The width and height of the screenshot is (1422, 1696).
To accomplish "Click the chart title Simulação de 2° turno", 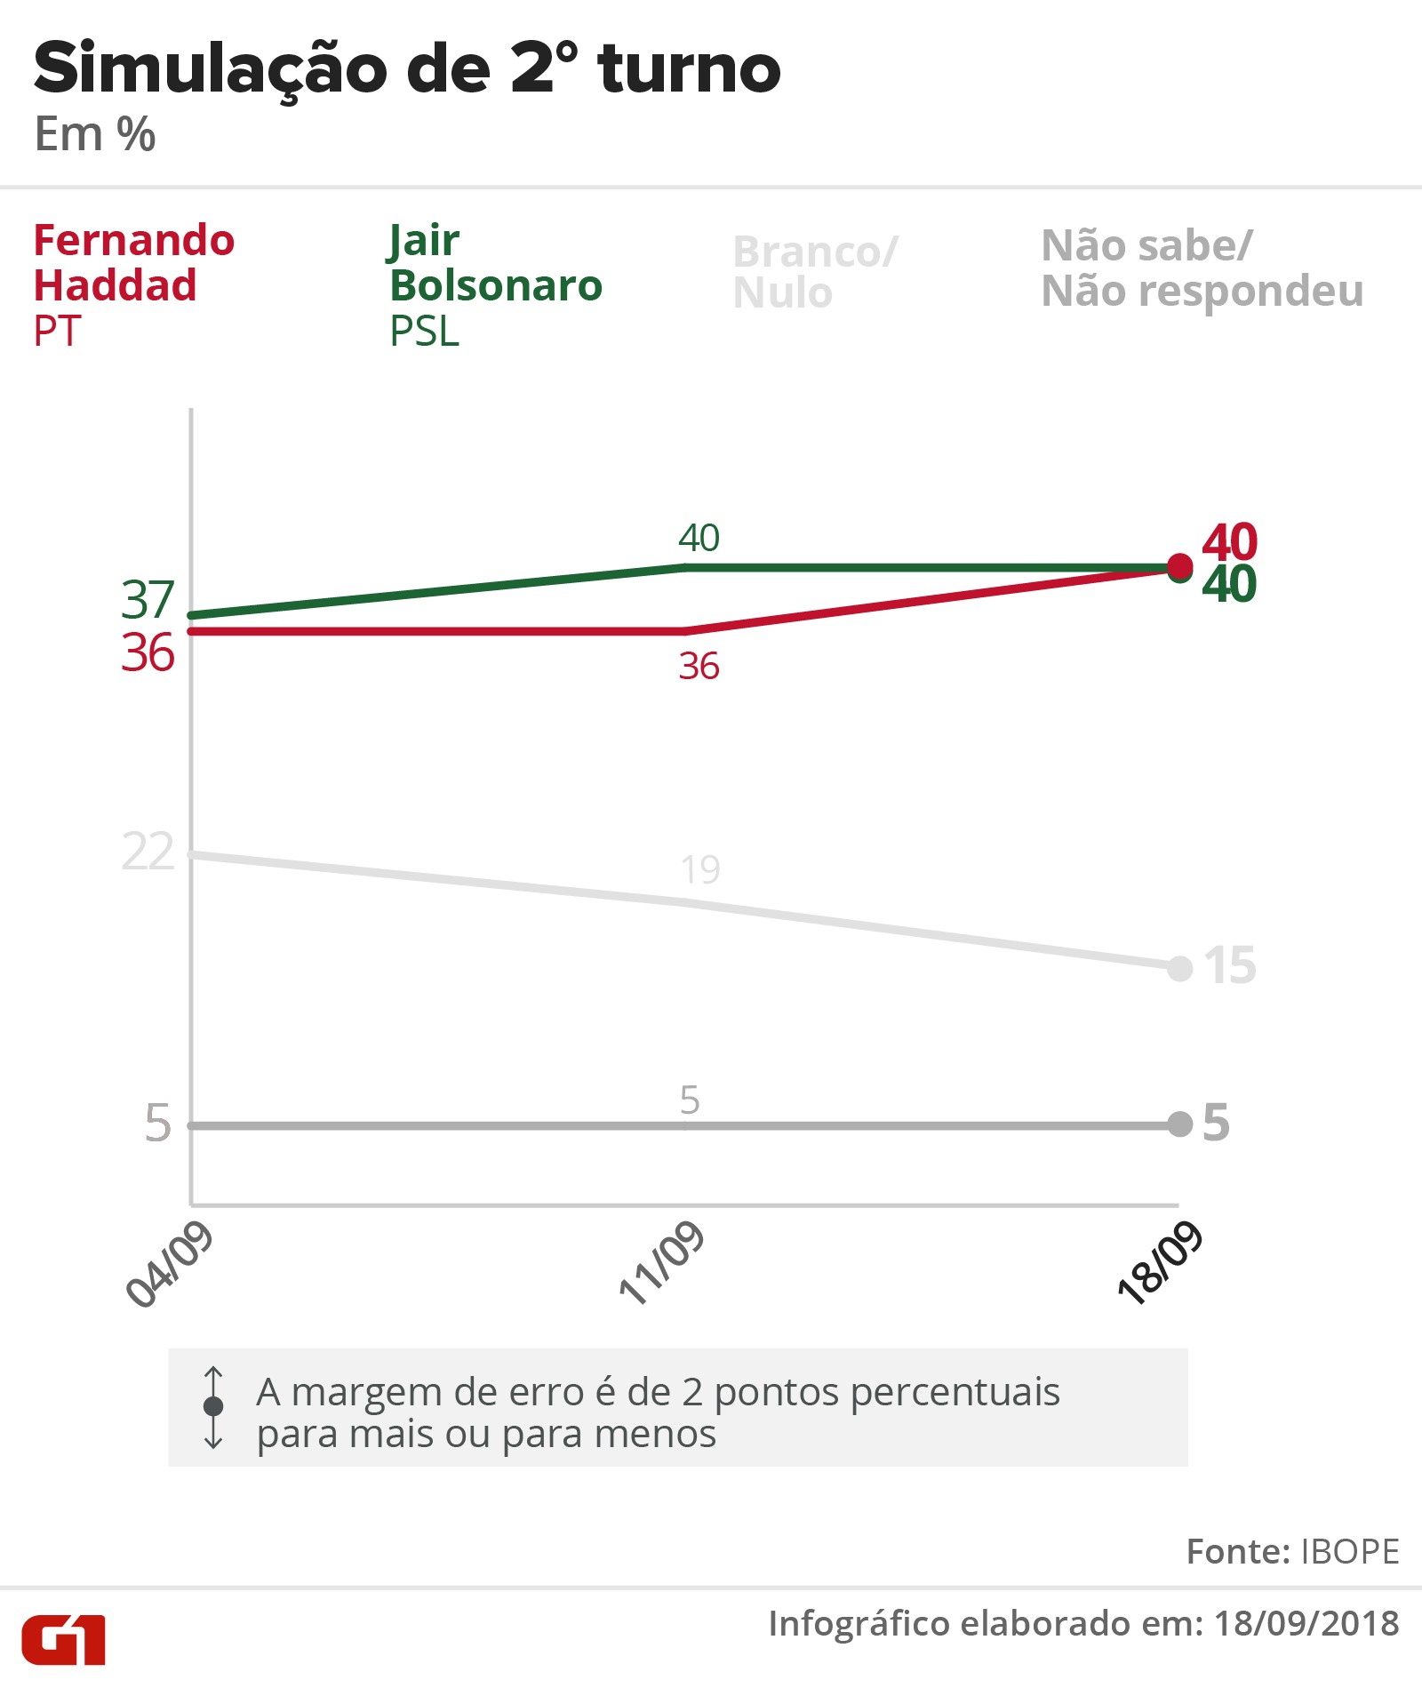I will [x=407, y=69].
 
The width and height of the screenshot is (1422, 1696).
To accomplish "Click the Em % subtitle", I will [x=95, y=135].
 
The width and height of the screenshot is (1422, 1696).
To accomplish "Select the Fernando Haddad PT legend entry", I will [x=133, y=284].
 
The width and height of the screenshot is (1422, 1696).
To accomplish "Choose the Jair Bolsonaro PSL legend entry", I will [x=496, y=284].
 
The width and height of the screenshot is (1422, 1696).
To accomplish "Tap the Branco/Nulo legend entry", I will [x=815, y=272].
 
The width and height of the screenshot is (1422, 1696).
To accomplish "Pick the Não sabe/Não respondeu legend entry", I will [x=1202, y=268].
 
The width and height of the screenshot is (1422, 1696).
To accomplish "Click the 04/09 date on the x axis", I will [x=170, y=1264].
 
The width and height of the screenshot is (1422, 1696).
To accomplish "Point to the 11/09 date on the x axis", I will [x=661, y=1264].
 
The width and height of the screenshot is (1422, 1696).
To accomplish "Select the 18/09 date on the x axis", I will [x=1160, y=1264].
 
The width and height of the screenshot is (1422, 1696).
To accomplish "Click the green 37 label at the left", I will [x=148, y=600].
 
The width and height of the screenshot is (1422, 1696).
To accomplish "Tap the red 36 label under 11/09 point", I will [x=699, y=667].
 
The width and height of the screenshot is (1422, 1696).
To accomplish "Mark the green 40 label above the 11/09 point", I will [x=699, y=538].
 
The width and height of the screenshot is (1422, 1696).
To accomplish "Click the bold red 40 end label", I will [x=1229, y=540].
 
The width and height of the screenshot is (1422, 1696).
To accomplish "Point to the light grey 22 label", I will [x=148, y=852].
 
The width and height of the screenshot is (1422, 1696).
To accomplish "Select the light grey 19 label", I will [x=700, y=869].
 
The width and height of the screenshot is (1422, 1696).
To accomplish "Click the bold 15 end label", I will [x=1230, y=965].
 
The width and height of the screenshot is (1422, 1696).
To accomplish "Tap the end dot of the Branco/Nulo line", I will [x=1179, y=968].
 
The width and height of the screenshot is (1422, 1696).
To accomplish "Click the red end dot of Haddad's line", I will [x=1179, y=565].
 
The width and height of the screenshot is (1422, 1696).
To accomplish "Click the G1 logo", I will [x=64, y=1639].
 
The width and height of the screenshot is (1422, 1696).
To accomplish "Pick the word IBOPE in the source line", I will [x=1349, y=1552].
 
